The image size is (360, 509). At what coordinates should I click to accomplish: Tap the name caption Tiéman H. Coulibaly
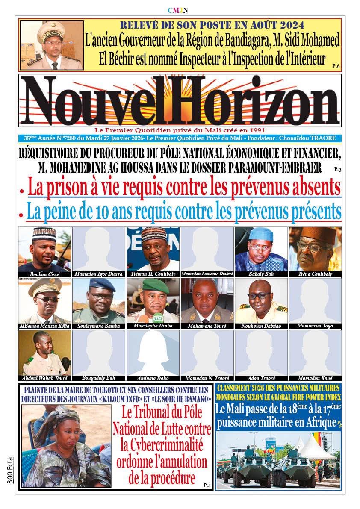click(153, 274)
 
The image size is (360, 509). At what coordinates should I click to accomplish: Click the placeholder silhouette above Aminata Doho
click(153, 353)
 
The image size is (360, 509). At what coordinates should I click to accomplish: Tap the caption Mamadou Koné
click(315, 378)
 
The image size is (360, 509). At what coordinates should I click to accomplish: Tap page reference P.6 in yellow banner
click(336, 66)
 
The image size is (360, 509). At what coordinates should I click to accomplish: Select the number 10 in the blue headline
click(124, 211)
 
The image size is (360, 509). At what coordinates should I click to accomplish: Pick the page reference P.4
click(207, 485)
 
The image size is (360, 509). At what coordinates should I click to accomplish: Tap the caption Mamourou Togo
click(315, 326)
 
